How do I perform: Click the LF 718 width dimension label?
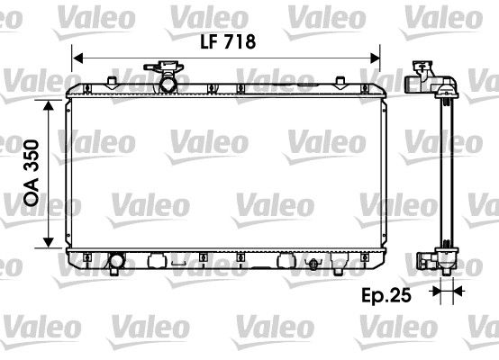(x=228, y=40)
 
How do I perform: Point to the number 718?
(x=241, y=40)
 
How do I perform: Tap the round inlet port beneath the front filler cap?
(x=167, y=85)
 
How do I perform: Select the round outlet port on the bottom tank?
(x=116, y=264)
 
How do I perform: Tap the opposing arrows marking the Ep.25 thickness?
(x=442, y=291)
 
